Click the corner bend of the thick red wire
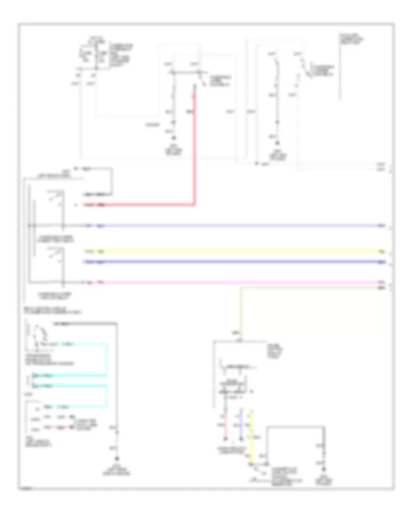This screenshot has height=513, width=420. pos(195,204)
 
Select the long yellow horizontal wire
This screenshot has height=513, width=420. pos(233,252)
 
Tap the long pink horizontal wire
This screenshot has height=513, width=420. pos(233,283)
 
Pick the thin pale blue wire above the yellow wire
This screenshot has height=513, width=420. pos(233,226)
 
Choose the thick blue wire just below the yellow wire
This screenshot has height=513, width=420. pos(233,262)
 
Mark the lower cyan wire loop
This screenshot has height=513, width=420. pos(108,395)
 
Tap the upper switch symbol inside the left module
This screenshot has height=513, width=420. pos(56,198)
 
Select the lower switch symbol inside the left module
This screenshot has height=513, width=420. pos(56,255)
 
